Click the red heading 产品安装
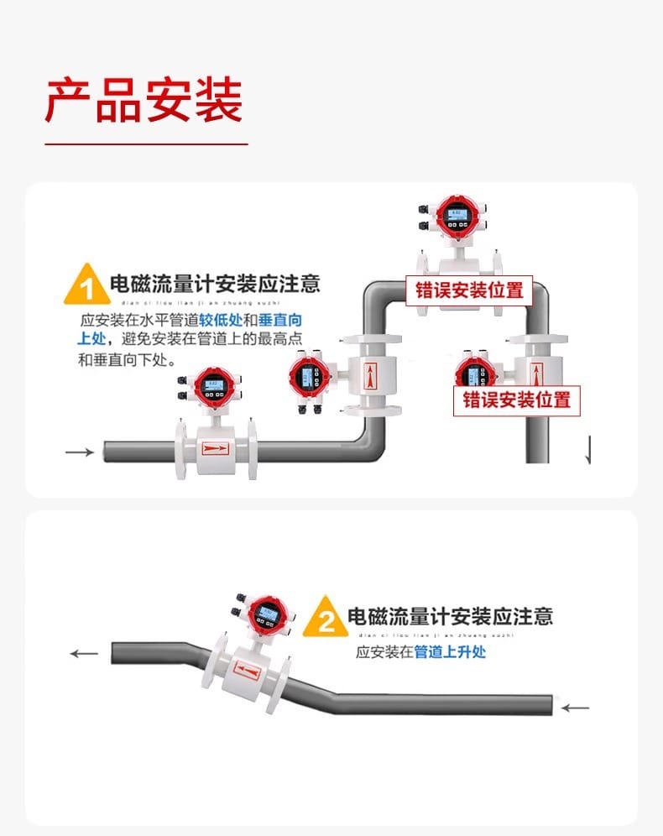[144, 101]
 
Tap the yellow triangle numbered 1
[84, 286]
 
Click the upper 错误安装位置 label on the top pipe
[469, 290]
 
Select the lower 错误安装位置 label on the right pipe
[517, 399]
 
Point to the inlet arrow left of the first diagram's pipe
[80, 452]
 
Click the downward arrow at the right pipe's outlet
[587, 452]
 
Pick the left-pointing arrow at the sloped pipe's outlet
[84, 653]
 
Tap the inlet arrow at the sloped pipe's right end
[575, 708]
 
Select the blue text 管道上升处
[450, 651]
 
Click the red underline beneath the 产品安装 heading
[146, 144]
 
